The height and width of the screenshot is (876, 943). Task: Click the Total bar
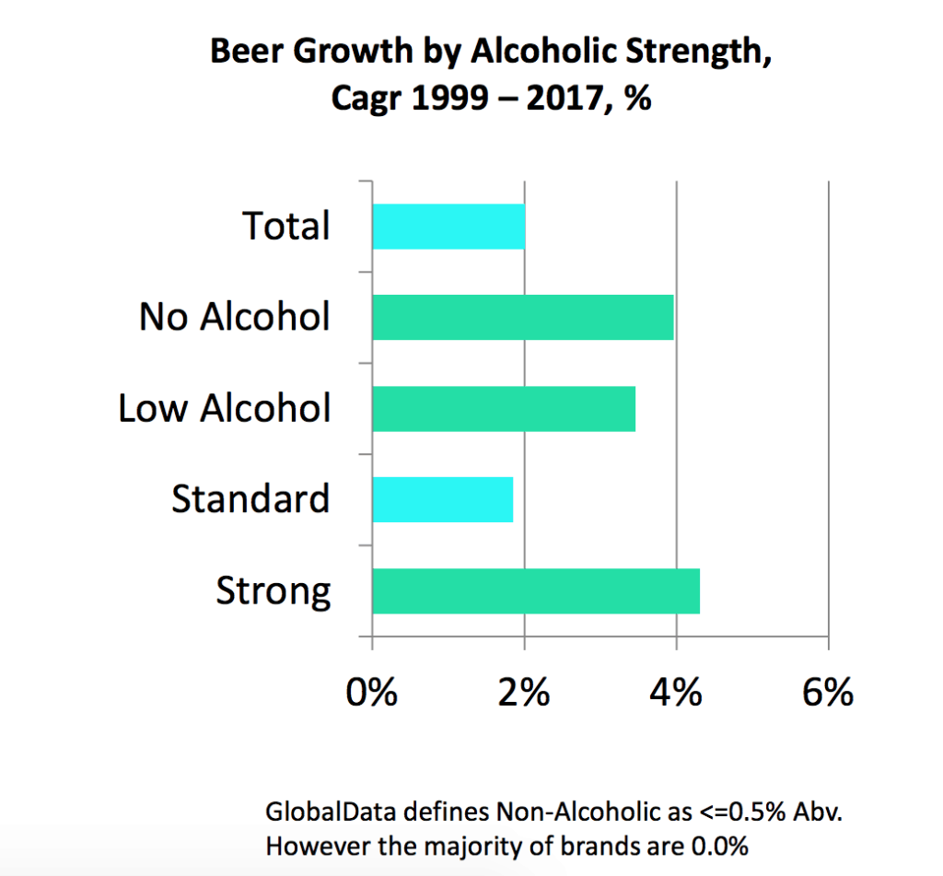pyautogui.click(x=448, y=227)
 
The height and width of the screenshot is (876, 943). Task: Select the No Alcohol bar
pyautogui.click(x=523, y=317)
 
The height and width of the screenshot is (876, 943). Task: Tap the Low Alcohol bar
pyautogui.click(x=504, y=408)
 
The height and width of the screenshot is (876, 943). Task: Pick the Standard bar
pyautogui.click(x=443, y=499)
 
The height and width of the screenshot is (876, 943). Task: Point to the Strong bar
pyautogui.click(x=536, y=590)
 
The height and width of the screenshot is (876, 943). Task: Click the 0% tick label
pyautogui.click(x=372, y=692)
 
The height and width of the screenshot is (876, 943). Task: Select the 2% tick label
pyautogui.click(x=524, y=692)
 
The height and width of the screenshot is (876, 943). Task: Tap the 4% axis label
pyautogui.click(x=676, y=692)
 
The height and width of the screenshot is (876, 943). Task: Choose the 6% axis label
pyautogui.click(x=828, y=692)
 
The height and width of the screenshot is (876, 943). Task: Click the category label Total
pyautogui.click(x=285, y=227)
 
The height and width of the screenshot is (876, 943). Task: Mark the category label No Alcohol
pyautogui.click(x=235, y=317)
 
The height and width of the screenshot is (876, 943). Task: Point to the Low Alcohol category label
pyautogui.click(x=224, y=408)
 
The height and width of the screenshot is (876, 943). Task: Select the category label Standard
pyautogui.click(x=250, y=499)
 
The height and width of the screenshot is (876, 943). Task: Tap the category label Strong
pyautogui.click(x=274, y=591)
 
